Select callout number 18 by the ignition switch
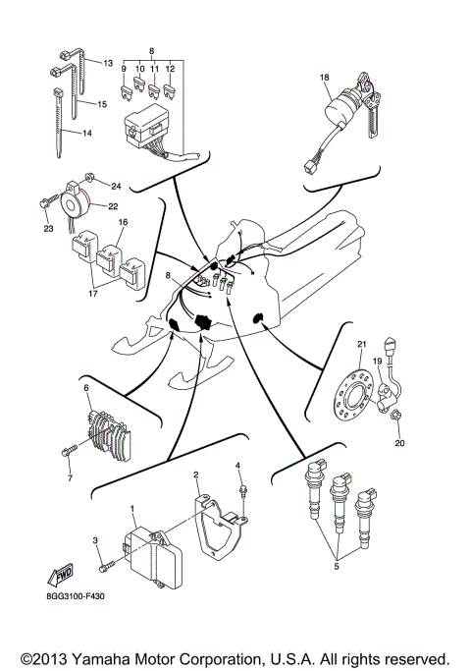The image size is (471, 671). pyautogui.click(x=324, y=76)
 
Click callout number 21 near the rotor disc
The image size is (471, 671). pyautogui.click(x=361, y=344)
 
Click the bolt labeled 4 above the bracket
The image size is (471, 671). pyautogui.click(x=239, y=485)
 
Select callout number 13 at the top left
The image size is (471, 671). pyautogui.click(x=108, y=62)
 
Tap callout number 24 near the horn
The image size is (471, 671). pyautogui.click(x=115, y=185)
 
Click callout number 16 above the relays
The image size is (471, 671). pyautogui.click(x=124, y=224)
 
